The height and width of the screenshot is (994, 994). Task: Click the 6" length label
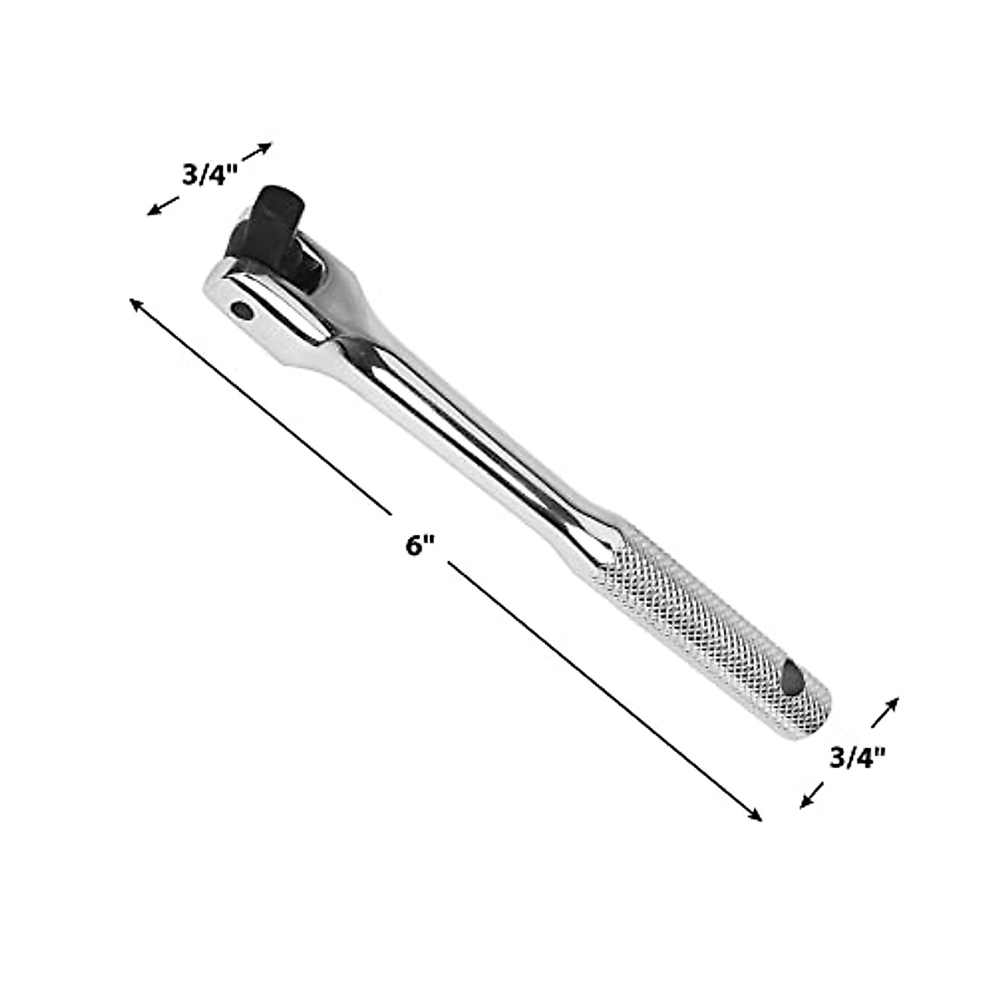click(420, 546)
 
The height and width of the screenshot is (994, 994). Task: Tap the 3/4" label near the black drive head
click(210, 176)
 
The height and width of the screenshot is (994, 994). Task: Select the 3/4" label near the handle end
click(857, 756)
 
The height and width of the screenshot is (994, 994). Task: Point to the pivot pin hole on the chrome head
click(243, 311)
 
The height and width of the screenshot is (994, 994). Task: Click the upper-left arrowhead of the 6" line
click(136, 304)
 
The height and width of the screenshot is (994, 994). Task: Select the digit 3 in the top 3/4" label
click(189, 176)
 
